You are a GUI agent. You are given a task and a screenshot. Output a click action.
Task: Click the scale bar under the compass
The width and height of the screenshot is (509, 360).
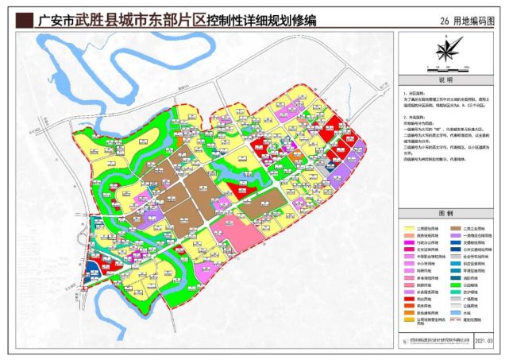[445, 69]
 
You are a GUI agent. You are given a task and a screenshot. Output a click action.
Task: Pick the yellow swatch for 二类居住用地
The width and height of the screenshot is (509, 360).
[404, 227]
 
